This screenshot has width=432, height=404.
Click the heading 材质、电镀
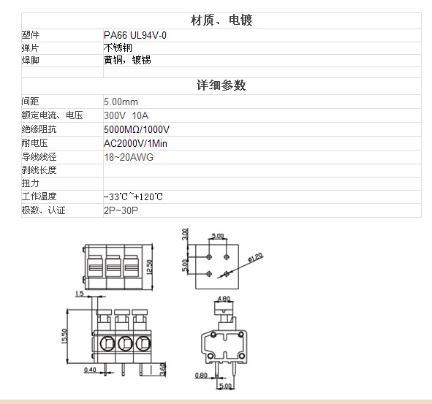(221, 20)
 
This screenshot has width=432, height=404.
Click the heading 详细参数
(221, 85)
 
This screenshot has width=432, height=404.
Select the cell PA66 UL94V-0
(135, 35)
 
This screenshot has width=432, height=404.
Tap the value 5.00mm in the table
(121, 102)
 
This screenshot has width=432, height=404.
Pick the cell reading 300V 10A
(126, 115)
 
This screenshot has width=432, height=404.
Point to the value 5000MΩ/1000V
(137, 129)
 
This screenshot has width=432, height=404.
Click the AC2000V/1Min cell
(135, 143)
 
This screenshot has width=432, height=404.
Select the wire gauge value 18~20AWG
(129, 157)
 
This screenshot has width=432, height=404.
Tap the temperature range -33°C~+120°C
(133, 197)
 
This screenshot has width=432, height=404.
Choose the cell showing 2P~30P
(121, 210)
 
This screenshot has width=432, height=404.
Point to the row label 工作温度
(39, 197)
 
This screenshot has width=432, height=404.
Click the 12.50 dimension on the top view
(149, 267)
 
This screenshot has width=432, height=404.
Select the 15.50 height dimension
(64, 336)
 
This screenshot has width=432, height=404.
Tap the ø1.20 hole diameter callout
(255, 257)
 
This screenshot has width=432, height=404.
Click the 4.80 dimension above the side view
(224, 299)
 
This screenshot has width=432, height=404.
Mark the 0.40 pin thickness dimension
(90, 370)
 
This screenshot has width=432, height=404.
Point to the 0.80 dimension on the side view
(201, 375)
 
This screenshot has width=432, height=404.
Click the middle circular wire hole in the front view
(125, 343)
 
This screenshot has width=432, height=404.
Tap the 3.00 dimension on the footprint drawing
(185, 234)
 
